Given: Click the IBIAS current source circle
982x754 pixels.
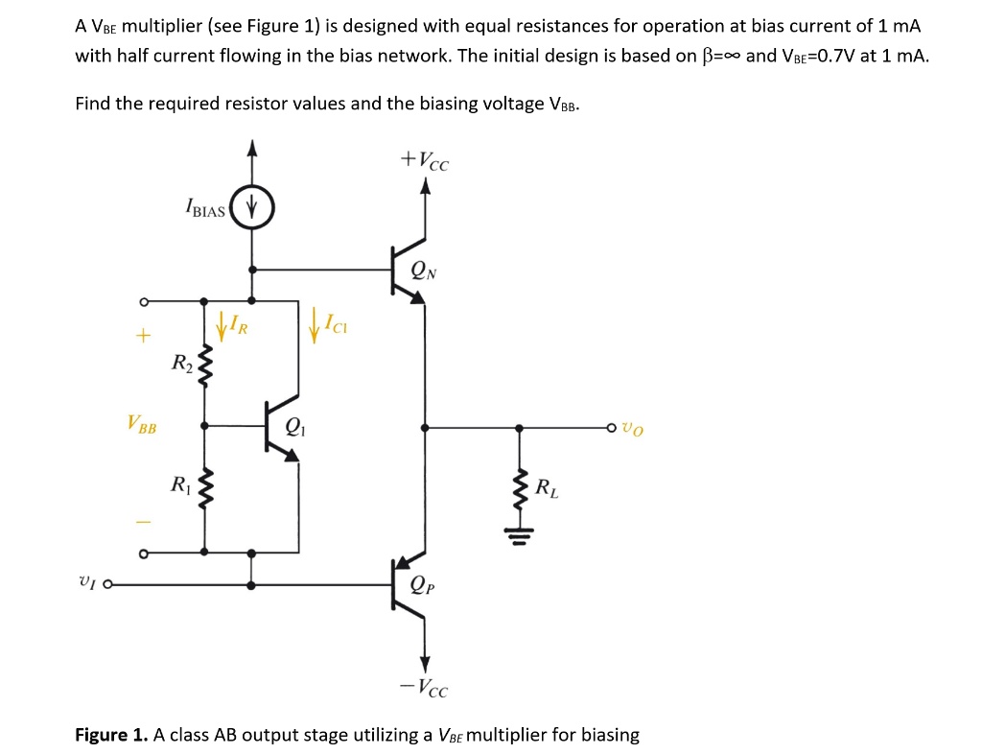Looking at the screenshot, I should pos(252,206).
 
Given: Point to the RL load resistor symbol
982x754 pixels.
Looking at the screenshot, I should pos(521,490).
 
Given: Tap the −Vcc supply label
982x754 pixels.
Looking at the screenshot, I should pos(423,688).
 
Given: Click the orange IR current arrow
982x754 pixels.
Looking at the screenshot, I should pos(222,326).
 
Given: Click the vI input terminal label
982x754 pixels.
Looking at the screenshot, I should pos(85,581).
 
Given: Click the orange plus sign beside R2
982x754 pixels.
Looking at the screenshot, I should pos(143,337).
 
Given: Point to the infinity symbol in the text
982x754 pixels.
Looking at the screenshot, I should pos(728,56).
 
